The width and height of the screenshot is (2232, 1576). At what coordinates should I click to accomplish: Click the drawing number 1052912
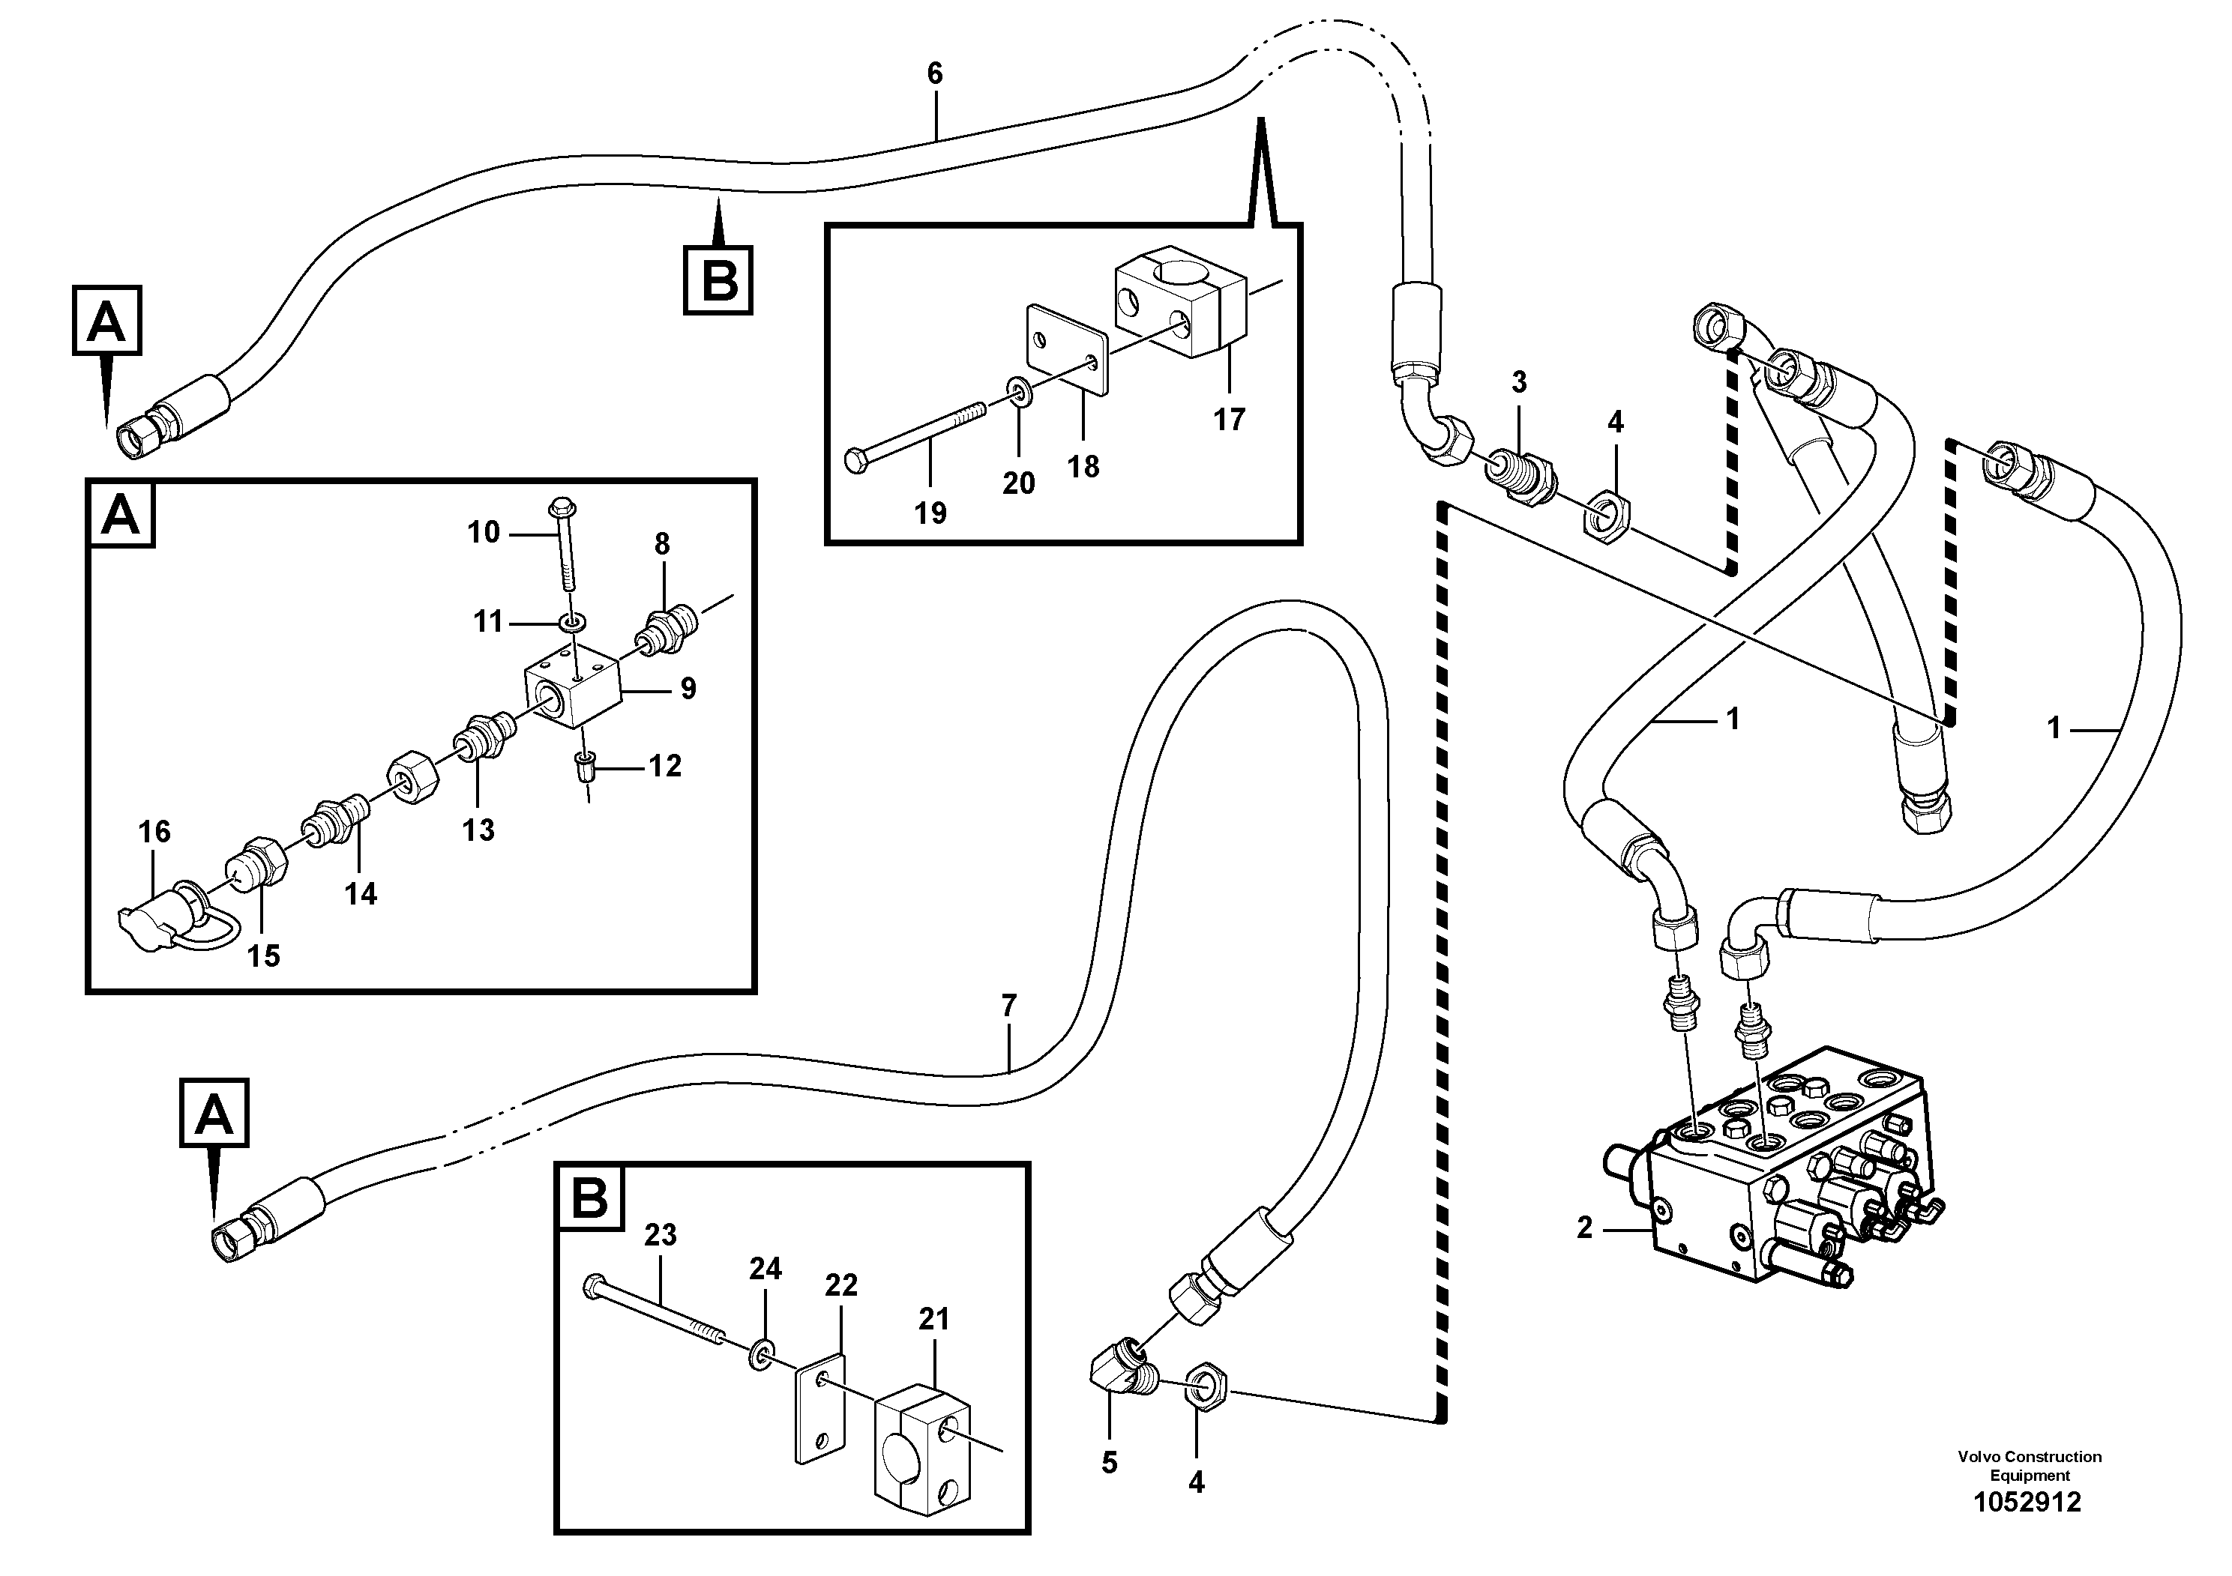[x=2027, y=1503]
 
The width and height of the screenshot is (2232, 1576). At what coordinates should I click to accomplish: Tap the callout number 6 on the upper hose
[x=934, y=73]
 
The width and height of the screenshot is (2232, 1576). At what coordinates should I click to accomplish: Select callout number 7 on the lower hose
[x=1008, y=1006]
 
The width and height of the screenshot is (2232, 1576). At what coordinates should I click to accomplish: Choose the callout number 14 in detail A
[x=361, y=894]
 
